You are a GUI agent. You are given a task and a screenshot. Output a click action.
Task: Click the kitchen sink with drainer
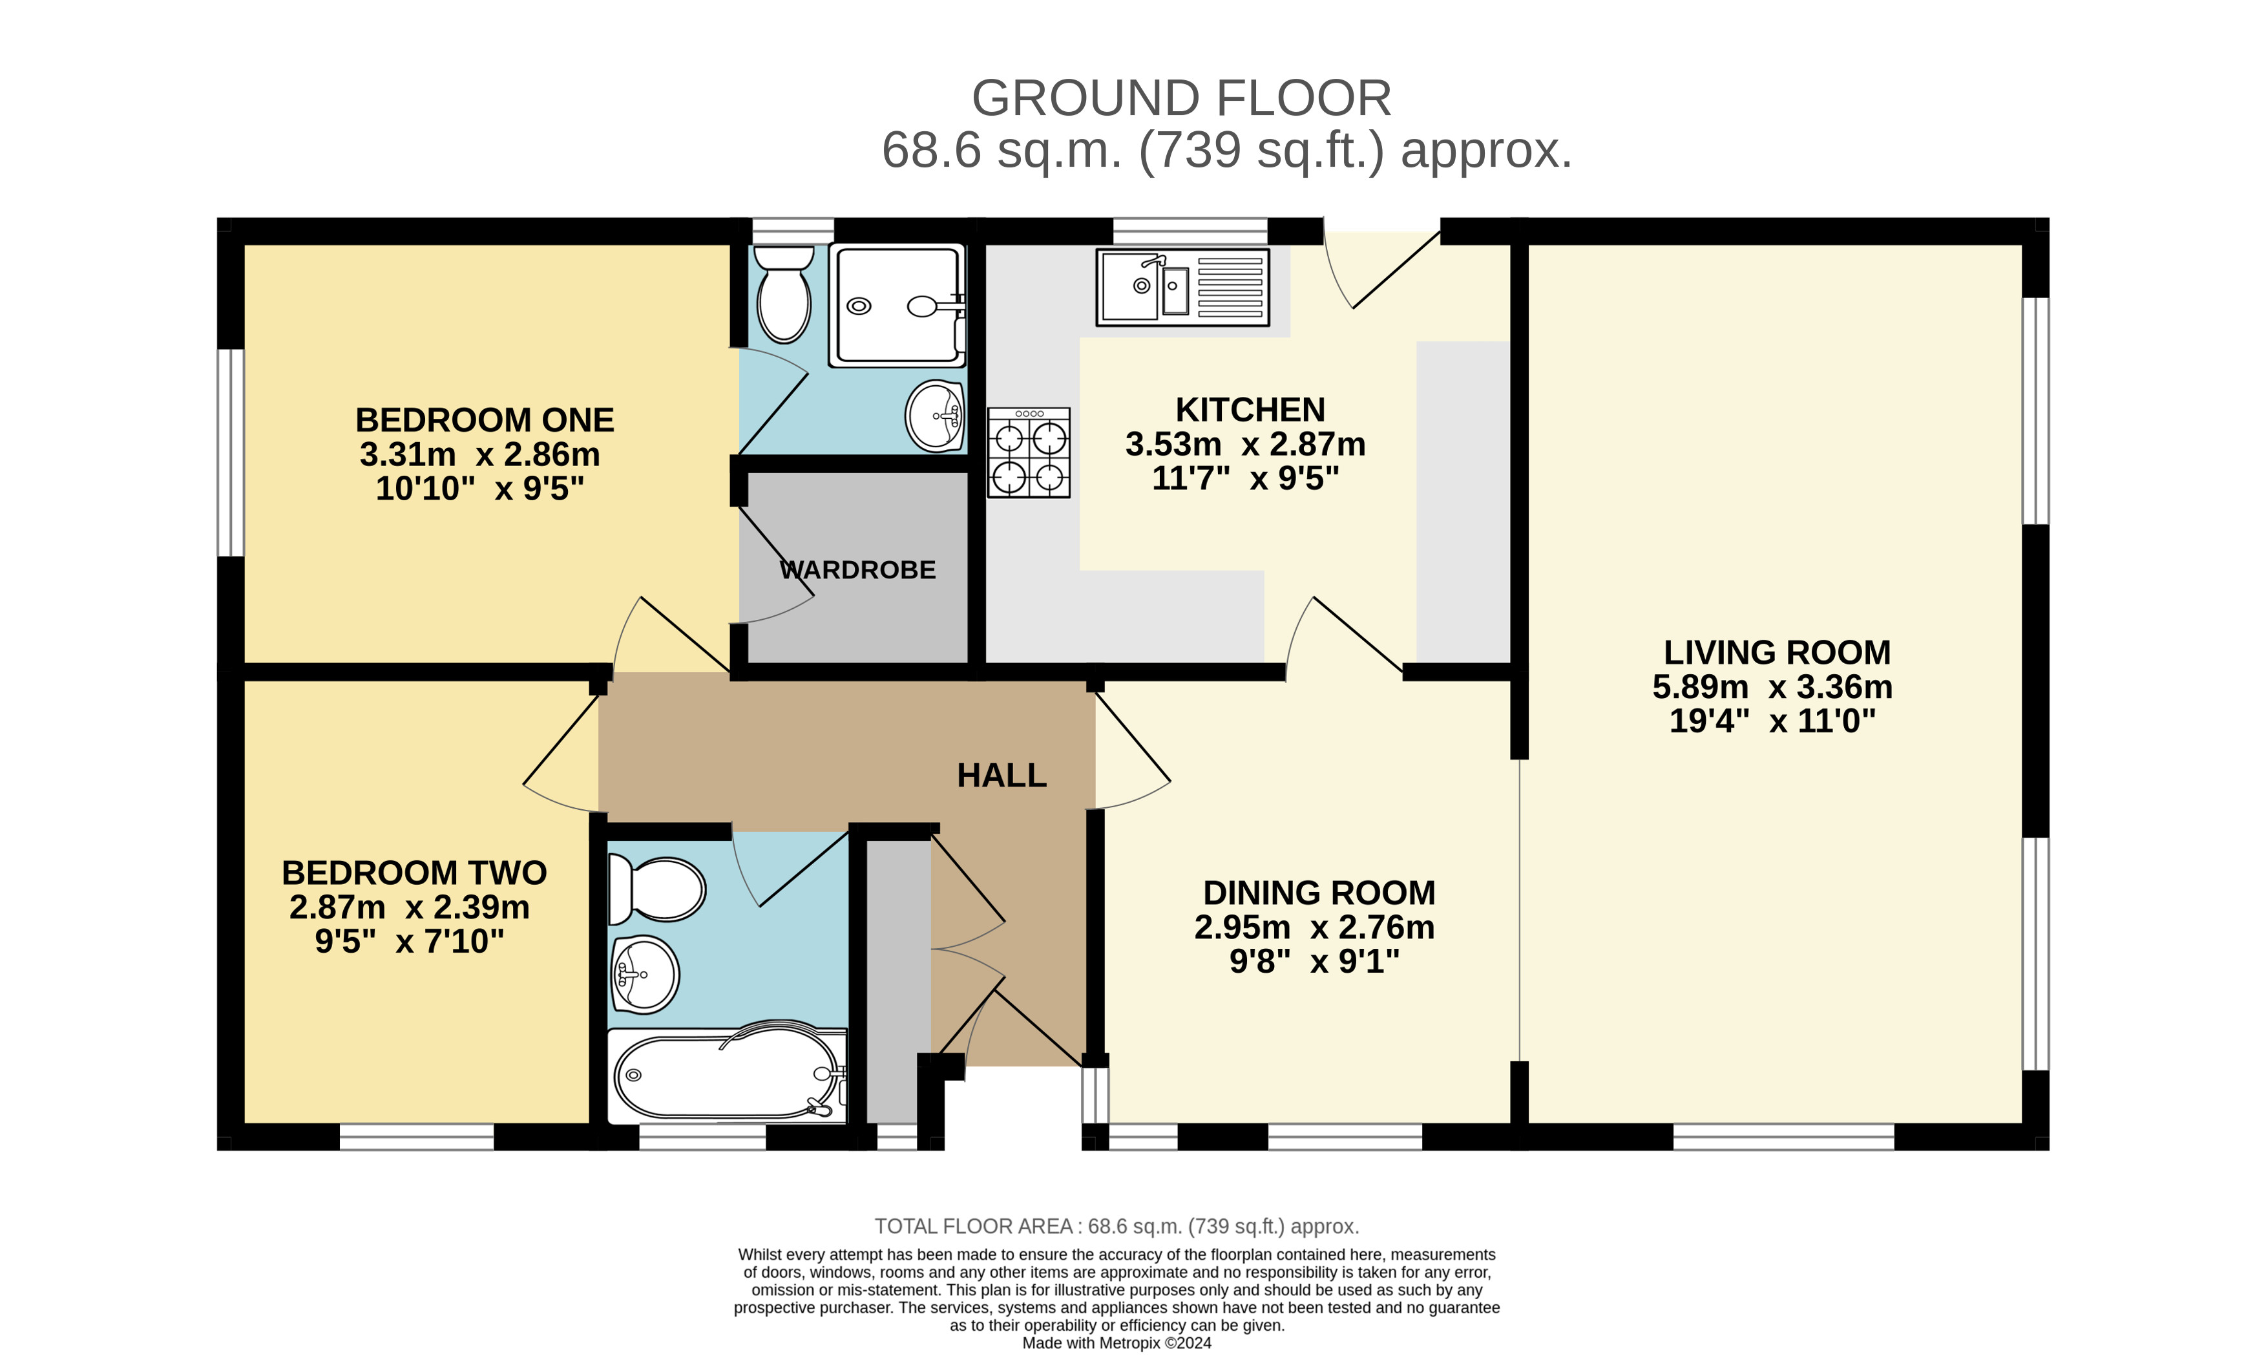(1182, 287)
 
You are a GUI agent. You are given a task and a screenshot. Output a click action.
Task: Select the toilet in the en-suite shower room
(784, 293)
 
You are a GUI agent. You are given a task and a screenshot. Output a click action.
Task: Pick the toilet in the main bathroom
(656, 889)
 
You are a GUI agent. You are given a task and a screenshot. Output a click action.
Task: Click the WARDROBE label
(857, 570)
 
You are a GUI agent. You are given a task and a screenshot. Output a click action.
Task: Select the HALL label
(1002, 776)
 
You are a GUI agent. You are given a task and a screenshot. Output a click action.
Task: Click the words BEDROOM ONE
(485, 420)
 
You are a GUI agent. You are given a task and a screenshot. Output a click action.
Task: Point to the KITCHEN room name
(1250, 409)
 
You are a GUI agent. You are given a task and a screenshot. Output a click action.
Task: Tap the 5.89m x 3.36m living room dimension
(1772, 687)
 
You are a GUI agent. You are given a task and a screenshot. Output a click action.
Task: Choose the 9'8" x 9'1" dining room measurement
(1314, 961)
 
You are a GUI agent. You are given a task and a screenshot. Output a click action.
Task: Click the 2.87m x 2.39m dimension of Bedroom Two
(409, 907)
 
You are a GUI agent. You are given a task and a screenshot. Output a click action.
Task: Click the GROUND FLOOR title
(1182, 98)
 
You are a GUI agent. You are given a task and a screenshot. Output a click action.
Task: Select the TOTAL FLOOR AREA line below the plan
(1117, 1226)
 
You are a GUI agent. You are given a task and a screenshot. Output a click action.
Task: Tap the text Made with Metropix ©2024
(1117, 1343)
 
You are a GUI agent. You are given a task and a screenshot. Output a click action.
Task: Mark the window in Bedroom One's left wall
(231, 452)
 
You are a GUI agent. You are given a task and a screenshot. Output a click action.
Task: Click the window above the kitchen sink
(1190, 231)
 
